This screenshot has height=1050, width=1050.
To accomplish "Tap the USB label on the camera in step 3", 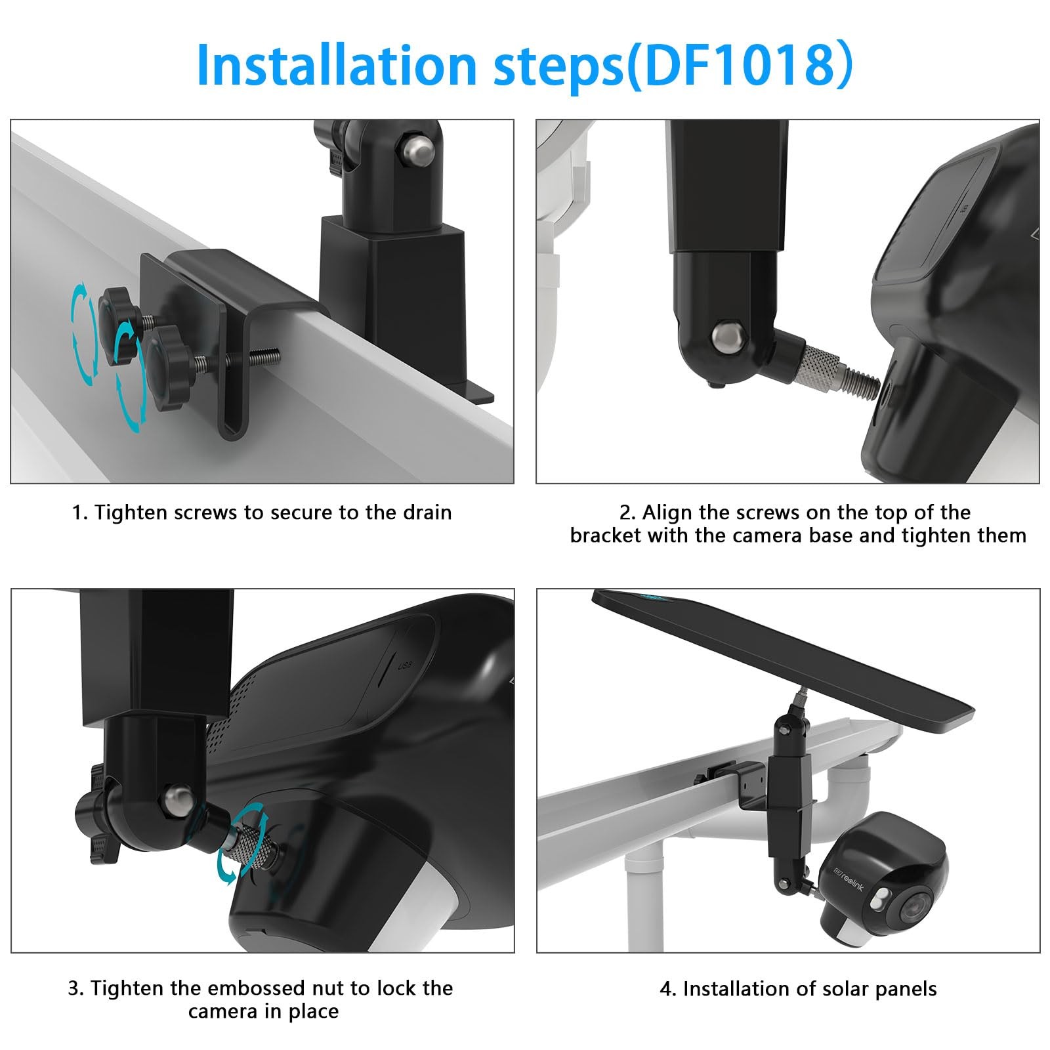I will coord(405,667).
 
